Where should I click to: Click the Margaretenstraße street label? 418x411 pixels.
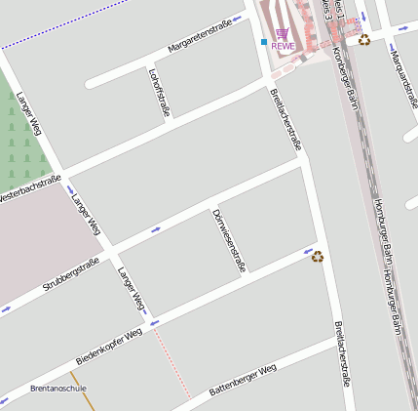point(200,35)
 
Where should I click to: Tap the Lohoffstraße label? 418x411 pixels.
point(159,92)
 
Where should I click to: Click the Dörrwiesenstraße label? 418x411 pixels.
point(229,240)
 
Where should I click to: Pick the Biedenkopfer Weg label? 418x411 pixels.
point(109,346)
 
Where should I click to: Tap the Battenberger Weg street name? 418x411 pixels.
point(243,379)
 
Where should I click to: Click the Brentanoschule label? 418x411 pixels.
point(59,389)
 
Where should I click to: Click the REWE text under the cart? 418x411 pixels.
point(283,46)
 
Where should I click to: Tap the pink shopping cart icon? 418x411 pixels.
point(283,33)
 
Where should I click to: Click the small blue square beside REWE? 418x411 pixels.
point(264,42)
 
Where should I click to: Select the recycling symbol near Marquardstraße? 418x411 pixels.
point(364,40)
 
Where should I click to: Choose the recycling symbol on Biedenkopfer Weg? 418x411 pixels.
point(318,257)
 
